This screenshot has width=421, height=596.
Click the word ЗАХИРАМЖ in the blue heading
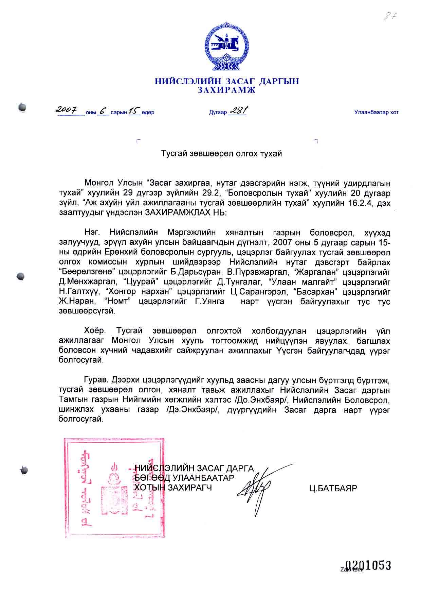pos(226,90)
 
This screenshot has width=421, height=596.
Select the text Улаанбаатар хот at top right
pos(376,112)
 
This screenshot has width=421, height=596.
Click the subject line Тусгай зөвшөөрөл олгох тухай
pos(221,154)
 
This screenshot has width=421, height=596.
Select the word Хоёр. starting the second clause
pos(95,331)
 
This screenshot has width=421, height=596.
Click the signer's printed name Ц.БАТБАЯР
pos(333,489)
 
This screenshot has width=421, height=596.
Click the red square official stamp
pos(114,488)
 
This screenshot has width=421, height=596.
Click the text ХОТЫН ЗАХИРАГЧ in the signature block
pos(173,488)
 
